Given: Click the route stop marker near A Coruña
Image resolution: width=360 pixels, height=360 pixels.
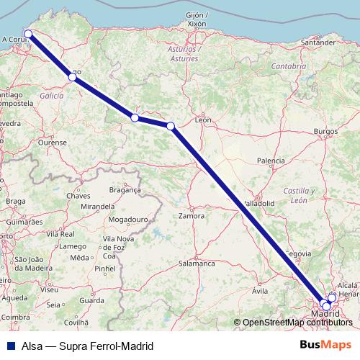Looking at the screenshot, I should point(28,34).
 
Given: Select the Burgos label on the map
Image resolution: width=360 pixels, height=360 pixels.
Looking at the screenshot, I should point(326,132).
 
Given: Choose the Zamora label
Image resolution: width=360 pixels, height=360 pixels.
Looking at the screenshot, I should point(191,215).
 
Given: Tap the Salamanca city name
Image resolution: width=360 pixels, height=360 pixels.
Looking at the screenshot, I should point(197,264).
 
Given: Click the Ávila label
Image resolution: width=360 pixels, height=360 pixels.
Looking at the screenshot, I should point(260,290).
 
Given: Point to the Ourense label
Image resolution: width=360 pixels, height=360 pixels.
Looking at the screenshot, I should point(52,143).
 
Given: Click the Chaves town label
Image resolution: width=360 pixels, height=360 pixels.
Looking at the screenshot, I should point(78,196).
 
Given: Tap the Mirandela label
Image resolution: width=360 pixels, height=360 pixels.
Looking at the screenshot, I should point(99,206).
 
